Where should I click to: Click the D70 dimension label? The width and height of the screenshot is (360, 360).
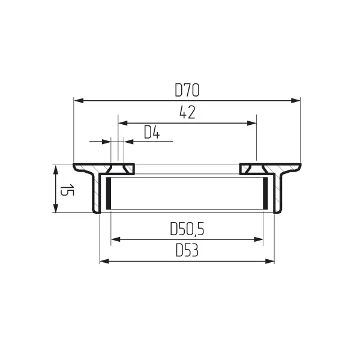pos(187,90)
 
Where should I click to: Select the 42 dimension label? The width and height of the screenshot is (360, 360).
pos(187,112)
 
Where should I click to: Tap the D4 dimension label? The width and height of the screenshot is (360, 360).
pos(152,132)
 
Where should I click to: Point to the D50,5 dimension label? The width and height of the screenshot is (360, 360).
pos(187,229)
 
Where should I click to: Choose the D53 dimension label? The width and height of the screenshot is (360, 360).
pos(187,250)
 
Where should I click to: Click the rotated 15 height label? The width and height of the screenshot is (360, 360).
pos(67,190)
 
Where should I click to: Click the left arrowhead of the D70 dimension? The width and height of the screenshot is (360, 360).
pos(79,101)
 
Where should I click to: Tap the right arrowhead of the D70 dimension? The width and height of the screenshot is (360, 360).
pos(295,101)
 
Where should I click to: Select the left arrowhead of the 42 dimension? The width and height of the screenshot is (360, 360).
pos(123,123)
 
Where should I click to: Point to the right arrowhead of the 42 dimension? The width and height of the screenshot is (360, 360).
pos(251,123)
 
